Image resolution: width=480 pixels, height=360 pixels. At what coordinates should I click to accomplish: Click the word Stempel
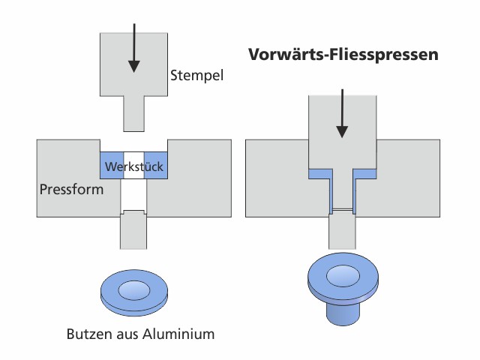[x=197, y=76]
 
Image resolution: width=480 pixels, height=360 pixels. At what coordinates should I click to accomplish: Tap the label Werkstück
[x=134, y=166]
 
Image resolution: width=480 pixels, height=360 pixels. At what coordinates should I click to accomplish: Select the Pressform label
[x=71, y=190]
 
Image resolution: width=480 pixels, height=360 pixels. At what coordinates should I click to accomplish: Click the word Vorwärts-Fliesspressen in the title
[x=343, y=55]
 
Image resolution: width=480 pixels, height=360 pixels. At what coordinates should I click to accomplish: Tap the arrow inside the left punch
[x=134, y=48]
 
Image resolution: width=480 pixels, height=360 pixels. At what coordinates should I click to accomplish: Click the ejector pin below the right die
[x=342, y=229]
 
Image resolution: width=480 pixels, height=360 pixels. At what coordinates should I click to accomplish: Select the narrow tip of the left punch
[x=134, y=112]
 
